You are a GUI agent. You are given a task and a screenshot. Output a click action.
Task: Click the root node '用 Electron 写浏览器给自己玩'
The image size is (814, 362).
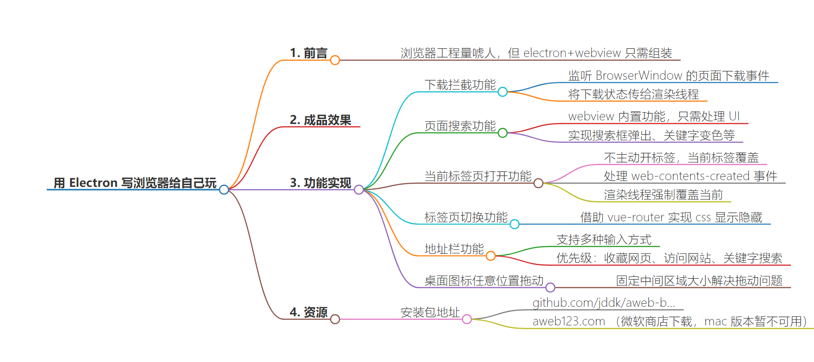click(x=135, y=183)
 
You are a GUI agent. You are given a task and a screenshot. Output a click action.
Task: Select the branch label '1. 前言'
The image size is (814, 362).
click(x=308, y=53)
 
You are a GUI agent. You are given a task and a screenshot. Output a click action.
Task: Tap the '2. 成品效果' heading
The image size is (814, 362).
click(x=320, y=120)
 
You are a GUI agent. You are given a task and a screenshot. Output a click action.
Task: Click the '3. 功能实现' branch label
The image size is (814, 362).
click(x=320, y=183)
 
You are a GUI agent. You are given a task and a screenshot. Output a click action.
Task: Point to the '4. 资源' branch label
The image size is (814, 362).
click(x=308, y=312)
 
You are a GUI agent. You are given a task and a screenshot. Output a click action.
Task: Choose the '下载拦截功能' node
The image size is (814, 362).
click(x=460, y=85)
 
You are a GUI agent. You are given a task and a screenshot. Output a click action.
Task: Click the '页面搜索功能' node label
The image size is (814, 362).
click(x=460, y=126)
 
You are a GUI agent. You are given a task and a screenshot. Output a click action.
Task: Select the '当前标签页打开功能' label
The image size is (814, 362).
click(x=478, y=176)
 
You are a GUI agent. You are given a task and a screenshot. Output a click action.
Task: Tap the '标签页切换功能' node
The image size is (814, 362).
click(x=466, y=217)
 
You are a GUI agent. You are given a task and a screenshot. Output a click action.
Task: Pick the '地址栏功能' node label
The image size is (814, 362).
click(x=454, y=249)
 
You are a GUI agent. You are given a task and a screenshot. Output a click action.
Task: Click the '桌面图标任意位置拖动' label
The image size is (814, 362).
click(x=483, y=281)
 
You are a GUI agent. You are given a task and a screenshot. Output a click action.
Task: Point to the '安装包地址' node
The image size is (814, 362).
click(x=430, y=312)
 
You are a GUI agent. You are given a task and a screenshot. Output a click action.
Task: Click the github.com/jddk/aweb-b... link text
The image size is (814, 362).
click(x=603, y=303)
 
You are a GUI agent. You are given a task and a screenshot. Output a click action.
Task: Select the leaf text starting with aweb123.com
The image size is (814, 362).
click(x=669, y=321)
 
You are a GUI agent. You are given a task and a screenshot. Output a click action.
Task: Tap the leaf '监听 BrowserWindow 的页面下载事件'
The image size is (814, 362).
click(x=668, y=76)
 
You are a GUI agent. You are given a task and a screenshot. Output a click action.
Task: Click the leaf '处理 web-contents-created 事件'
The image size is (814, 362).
click(x=690, y=176)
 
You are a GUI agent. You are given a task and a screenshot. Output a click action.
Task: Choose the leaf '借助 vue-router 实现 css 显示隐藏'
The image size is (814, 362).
click(x=671, y=217)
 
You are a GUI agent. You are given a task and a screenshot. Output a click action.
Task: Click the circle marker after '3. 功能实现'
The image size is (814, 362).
click(x=359, y=190)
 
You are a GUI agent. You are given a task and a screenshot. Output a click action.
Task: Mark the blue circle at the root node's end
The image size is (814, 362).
click(x=224, y=190)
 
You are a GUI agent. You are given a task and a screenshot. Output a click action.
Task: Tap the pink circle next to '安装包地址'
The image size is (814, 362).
click(x=467, y=319)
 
